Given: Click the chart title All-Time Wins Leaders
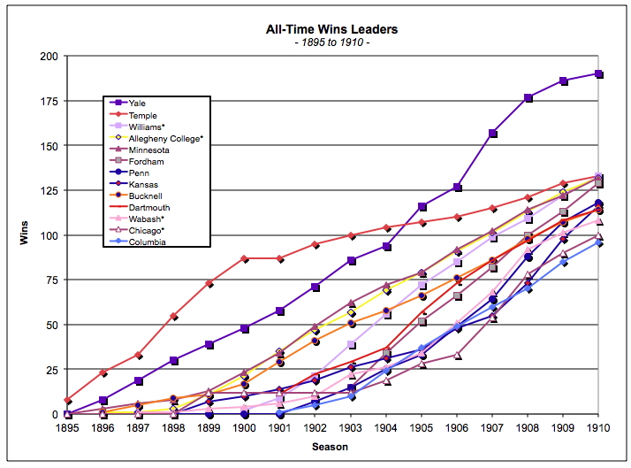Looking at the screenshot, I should (331, 29).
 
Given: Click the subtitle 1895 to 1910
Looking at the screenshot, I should (331, 42).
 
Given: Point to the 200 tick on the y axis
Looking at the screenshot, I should (49, 57).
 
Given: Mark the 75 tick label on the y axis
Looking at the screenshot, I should (52, 280).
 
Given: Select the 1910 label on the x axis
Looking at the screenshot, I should (598, 426).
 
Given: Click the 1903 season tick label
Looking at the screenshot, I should (351, 426).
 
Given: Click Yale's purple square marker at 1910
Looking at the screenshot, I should (598, 74).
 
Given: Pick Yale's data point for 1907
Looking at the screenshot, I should (492, 134).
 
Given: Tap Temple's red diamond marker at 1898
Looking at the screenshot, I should (174, 316).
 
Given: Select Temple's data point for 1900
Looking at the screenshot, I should (245, 258).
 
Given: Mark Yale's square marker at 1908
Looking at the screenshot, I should (528, 97).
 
